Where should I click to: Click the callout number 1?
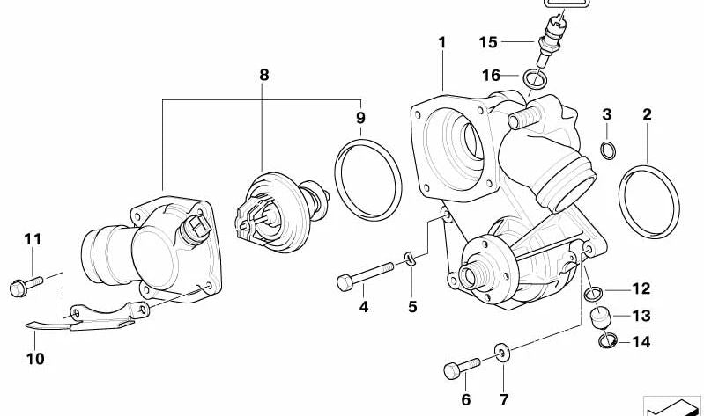click(x=443, y=42)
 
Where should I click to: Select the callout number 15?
click(x=488, y=42)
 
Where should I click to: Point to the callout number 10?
click(x=34, y=359)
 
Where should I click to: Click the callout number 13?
click(x=641, y=316)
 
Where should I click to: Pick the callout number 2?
click(x=648, y=114)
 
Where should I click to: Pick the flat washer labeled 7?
click(x=502, y=355)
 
